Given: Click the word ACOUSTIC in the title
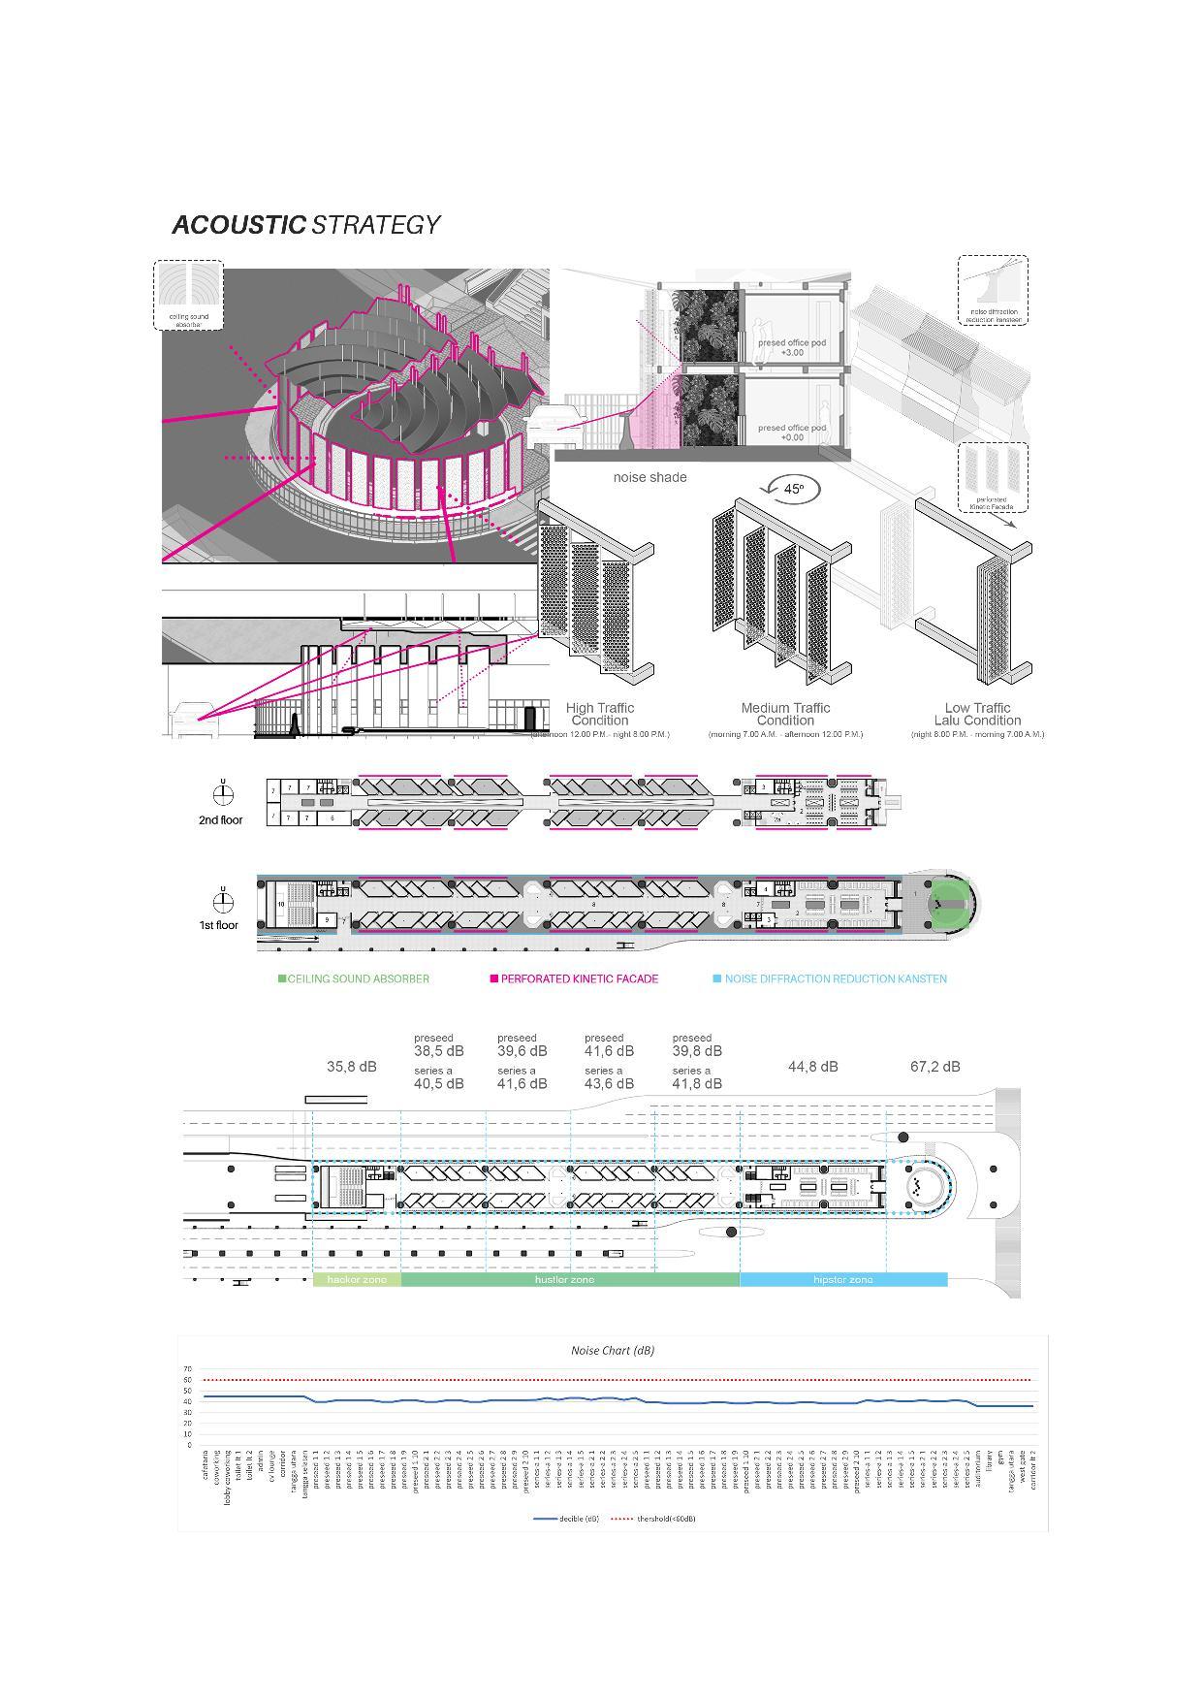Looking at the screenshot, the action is click(238, 225).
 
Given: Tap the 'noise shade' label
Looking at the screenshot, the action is click(649, 477).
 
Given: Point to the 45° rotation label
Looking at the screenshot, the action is click(793, 489).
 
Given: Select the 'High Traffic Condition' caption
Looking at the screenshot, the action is click(599, 715).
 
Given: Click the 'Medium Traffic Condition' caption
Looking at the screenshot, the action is click(785, 715).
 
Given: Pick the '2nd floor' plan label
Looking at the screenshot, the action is click(220, 820).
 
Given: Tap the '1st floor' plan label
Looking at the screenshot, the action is click(218, 925).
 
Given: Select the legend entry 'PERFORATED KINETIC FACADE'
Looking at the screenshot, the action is click(579, 978).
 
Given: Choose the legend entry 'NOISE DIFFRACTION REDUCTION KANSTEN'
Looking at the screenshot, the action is click(835, 978).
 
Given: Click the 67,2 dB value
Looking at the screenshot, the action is click(934, 1067).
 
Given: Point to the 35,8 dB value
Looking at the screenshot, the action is click(351, 1067).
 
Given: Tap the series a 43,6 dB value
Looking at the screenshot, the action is click(609, 1083).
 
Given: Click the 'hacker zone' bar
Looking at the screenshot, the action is click(356, 1280).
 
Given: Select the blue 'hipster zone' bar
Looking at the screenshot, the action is click(842, 1280).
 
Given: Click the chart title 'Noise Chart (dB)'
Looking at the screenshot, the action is click(612, 1350).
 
